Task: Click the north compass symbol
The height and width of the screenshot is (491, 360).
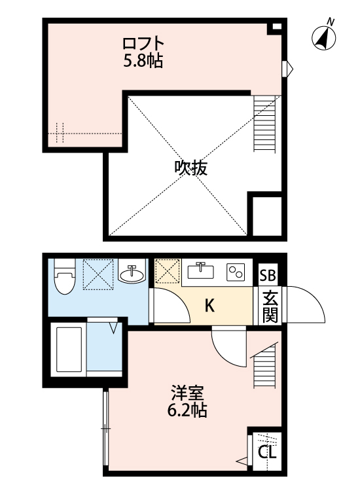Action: (x=323, y=37)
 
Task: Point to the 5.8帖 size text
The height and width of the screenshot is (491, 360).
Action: (x=143, y=62)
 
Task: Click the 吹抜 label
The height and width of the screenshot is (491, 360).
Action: (x=190, y=168)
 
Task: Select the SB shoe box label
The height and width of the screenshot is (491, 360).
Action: (x=268, y=276)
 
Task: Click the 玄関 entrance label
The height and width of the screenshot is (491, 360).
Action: (x=270, y=306)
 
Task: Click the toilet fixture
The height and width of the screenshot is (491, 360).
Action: (x=64, y=278)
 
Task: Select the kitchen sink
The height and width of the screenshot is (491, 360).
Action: (x=201, y=270)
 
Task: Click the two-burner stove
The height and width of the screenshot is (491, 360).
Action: (x=235, y=272)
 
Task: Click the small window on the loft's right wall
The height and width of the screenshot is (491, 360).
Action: (x=288, y=67)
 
